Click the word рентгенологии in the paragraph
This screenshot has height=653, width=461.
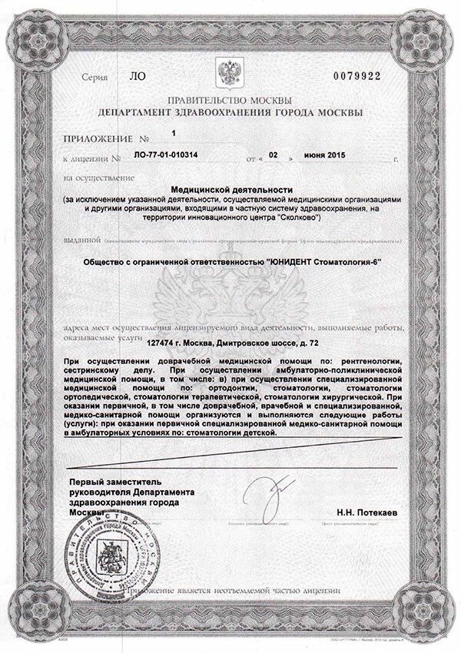tap(360, 360)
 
